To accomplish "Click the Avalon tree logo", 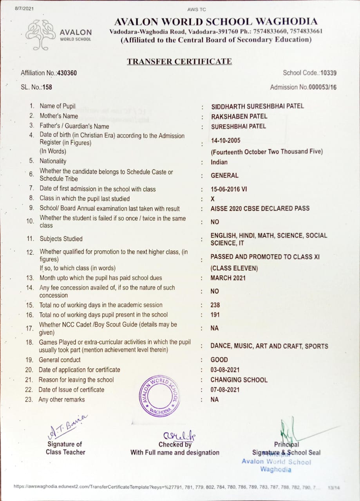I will pos(41,34).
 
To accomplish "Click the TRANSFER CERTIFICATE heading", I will pos(179,61).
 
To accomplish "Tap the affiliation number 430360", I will pos(67,73).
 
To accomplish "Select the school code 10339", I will pos(328,73).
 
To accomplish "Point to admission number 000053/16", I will pos(322,87).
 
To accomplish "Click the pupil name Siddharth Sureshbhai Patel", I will pos(257,106).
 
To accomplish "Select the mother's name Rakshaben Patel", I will pos(239,116).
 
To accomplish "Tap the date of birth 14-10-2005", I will pos(226,141).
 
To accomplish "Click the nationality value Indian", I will pos(219,162).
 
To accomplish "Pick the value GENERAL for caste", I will pos(224,175).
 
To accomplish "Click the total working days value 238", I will pos(215,305).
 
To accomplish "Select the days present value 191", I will pos(215,315).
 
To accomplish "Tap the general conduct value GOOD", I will pos(219,360).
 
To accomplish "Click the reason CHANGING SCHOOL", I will pos(239,380).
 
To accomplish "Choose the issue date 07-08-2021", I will pos(225,390).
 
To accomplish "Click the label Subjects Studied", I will pos(61,239).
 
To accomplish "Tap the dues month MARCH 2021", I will pos(228,278).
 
